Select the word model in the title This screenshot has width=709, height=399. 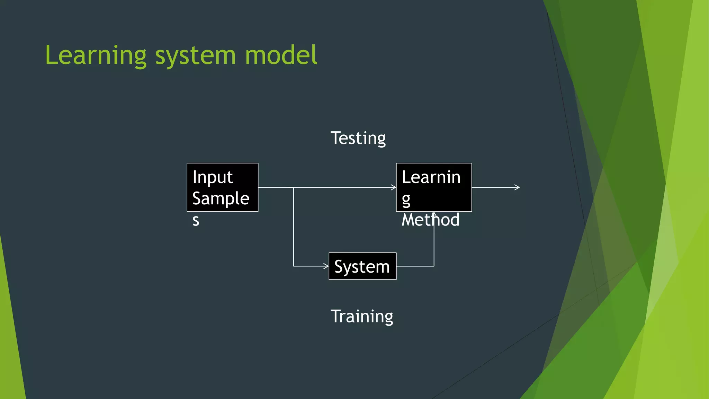(x=281, y=55)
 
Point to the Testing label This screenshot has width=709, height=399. (x=358, y=139)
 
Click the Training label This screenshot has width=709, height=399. (x=362, y=317)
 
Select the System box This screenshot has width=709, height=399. (x=362, y=266)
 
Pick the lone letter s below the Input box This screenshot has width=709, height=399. (x=196, y=220)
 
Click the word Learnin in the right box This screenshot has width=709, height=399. (x=431, y=177)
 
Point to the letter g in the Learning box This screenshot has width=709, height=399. (x=406, y=199)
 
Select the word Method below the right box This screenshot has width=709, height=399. (x=430, y=220)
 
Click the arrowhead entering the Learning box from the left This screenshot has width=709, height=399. (x=394, y=187)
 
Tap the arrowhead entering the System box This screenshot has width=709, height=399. (x=326, y=266)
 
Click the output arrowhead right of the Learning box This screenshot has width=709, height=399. (x=518, y=187)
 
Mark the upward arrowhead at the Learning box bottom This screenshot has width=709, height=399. (x=434, y=214)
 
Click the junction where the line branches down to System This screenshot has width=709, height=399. (x=294, y=187)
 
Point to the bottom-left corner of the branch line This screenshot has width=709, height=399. (x=294, y=266)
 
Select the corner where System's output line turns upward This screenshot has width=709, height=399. (x=434, y=266)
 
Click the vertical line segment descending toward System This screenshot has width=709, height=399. (x=294, y=227)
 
